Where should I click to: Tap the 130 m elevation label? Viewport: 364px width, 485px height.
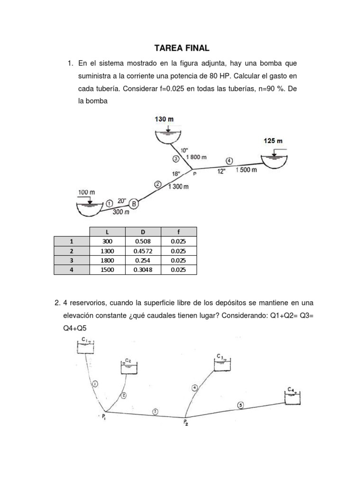[164, 119]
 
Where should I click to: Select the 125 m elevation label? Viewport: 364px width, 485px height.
[273, 141]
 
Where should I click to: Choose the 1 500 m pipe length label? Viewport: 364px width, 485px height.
[246, 170]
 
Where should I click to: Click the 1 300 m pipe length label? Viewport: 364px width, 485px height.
[178, 187]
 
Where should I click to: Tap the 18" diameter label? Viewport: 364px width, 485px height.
[177, 174]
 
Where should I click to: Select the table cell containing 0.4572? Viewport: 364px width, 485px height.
[143, 251]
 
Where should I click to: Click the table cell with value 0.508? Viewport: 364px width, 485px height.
[143, 241]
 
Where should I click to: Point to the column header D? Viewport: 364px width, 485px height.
[143, 232]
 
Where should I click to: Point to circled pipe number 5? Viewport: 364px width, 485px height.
[240, 405]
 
